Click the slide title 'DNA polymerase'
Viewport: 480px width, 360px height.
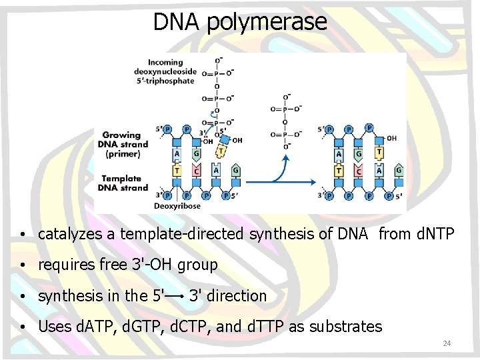(240, 21)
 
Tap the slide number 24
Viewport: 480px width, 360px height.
(447, 343)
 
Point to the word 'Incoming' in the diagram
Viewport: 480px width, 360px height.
(165, 63)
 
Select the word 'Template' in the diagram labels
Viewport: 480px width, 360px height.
(121, 178)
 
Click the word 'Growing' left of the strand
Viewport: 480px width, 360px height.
(121, 135)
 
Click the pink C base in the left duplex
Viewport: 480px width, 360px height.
(196, 171)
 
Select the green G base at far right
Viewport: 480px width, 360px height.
(399, 170)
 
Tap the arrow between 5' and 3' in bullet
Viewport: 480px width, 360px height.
(175, 295)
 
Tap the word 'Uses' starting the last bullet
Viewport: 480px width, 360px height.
(53, 327)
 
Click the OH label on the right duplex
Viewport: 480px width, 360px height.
(391, 138)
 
